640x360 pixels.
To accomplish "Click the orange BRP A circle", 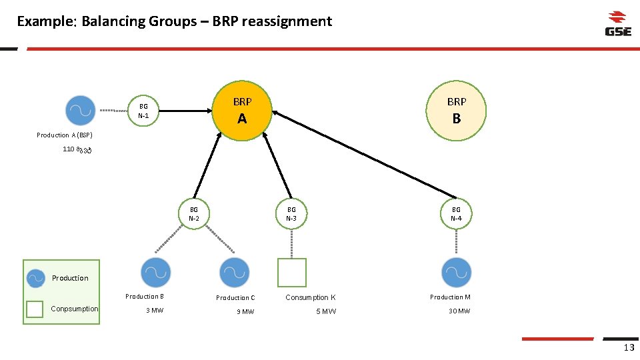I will click(242, 111).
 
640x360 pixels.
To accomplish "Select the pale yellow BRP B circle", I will click(457, 111).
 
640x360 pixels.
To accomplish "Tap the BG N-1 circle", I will click(143, 111).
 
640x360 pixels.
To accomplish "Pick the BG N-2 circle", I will click(194, 214).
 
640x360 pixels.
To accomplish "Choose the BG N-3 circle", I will click(291, 214).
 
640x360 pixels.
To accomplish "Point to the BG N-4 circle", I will click(456, 214).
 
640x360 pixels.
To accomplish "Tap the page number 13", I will click(629, 347).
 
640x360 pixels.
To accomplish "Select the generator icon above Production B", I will click(156, 273).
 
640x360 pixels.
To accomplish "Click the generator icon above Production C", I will click(234, 273).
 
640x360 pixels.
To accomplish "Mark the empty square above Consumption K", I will click(291, 273).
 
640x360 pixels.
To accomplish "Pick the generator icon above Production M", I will click(457, 273).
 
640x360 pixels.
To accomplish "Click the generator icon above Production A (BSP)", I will click(81, 111).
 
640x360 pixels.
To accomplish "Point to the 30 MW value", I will click(459, 311).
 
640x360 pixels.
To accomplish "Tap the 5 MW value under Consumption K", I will click(327, 311).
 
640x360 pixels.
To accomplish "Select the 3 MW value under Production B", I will click(155, 311).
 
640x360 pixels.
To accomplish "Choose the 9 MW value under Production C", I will click(245, 311).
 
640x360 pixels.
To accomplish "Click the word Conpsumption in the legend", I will click(75, 309).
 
